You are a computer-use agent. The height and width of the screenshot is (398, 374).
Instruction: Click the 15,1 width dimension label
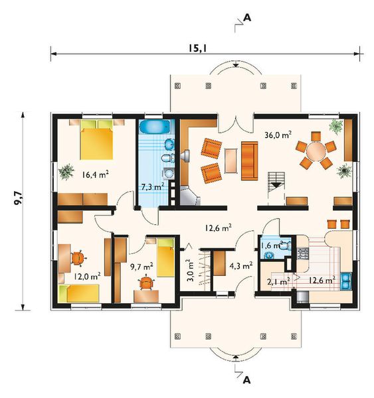pos(197,48)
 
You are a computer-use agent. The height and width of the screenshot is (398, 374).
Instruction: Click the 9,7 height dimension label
pos(19,198)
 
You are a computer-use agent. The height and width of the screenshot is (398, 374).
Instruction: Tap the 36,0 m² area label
pos(278,135)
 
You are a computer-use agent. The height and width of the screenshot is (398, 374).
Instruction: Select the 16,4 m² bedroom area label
pos(96,174)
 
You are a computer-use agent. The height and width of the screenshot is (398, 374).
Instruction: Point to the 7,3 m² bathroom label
pos(153,187)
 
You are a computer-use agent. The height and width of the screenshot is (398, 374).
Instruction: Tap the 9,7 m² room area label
pos(141,267)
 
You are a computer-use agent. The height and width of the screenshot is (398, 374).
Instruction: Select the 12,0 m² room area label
pos(87,276)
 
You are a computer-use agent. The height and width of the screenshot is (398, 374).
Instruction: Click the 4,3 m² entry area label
pos(240,266)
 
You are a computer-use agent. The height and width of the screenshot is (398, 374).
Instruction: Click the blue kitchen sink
pos(346,281)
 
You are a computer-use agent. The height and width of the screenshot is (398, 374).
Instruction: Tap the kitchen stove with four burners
pos(302,253)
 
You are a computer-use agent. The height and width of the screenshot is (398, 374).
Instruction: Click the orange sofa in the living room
pos(249,161)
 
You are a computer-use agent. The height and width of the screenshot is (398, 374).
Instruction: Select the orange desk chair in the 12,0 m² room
pos(78,258)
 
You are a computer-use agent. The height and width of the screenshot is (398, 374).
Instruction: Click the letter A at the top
pos(247,18)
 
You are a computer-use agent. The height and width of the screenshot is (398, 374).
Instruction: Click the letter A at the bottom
pos(246,380)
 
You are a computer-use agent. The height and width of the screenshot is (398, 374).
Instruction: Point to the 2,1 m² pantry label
pos(278,281)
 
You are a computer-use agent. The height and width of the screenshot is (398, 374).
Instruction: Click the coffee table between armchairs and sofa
pos(231,161)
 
